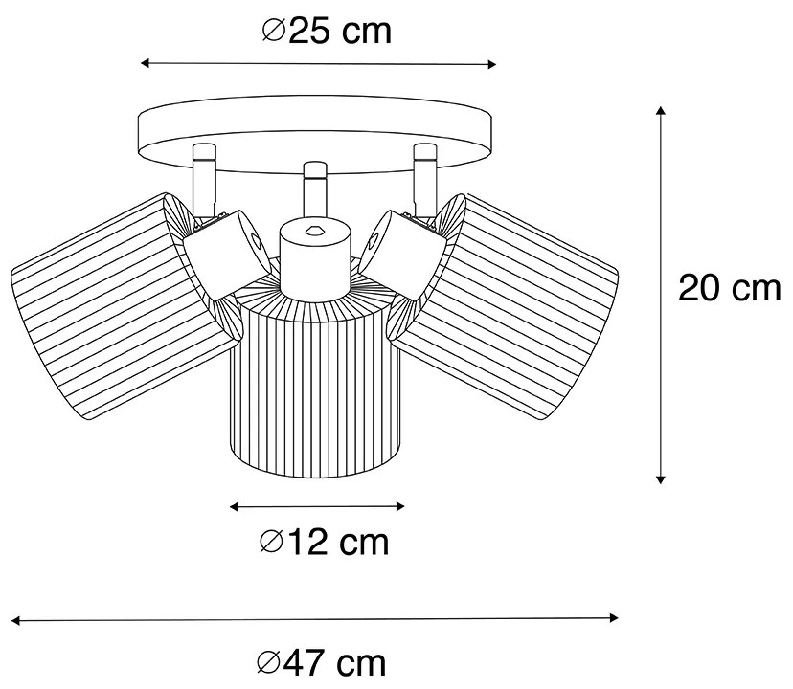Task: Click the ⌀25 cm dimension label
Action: coord(326,31)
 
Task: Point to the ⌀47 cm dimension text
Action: coord(322,661)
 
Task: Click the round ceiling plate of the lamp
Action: coord(317,127)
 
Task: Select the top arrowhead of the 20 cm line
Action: coord(661,111)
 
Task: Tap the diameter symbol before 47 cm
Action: coord(272,662)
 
